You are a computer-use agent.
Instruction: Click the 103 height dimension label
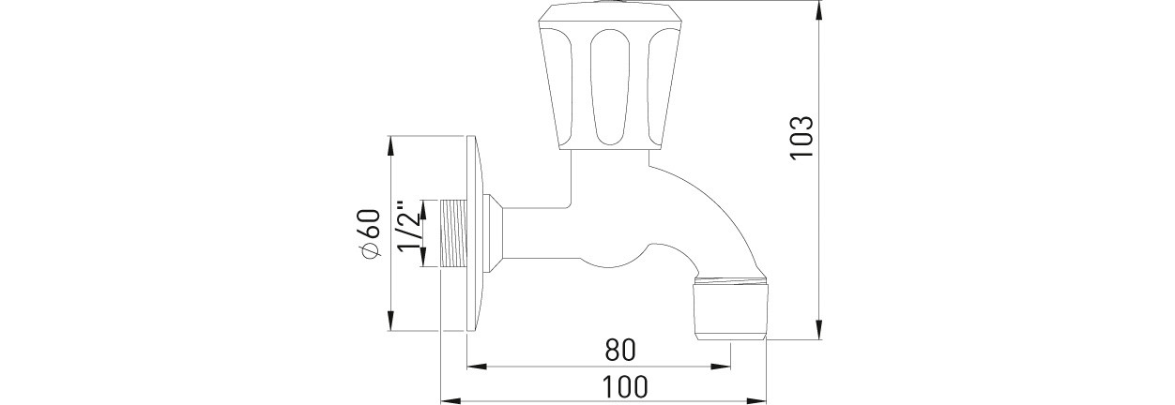(x=802, y=137)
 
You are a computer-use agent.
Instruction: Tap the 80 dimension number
(x=620, y=350)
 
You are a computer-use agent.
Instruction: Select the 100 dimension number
(x=625, y=387)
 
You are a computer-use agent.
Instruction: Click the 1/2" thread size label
(x=409, y=226)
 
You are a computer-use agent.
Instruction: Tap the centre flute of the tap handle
(x=609, y=87)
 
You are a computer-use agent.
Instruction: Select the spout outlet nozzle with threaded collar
(x=731, y=308)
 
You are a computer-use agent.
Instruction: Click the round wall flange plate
(x=475, y=233)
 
